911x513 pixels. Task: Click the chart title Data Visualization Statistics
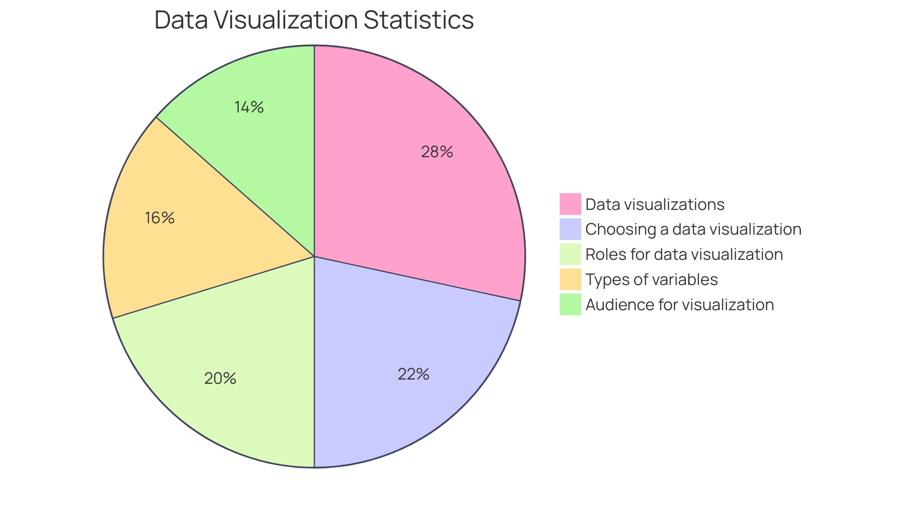point(314,20)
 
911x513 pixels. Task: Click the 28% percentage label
point(437,152)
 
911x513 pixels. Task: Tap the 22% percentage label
point(413,374)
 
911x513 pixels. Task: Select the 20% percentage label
point(220,378)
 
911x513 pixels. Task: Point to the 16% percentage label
point(160,218)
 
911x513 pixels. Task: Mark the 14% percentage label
point(249,107)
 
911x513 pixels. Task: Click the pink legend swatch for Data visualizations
point(570,204)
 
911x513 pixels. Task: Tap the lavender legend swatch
point(570,229)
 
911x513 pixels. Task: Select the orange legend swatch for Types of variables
point(570,279)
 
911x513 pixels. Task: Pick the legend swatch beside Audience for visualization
point(570,304)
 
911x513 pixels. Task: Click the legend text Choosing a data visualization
point(693,229)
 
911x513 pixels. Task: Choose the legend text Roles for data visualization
point(684,255)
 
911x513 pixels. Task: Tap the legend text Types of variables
point(651,280)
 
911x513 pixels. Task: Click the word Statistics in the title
point(418,20)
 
